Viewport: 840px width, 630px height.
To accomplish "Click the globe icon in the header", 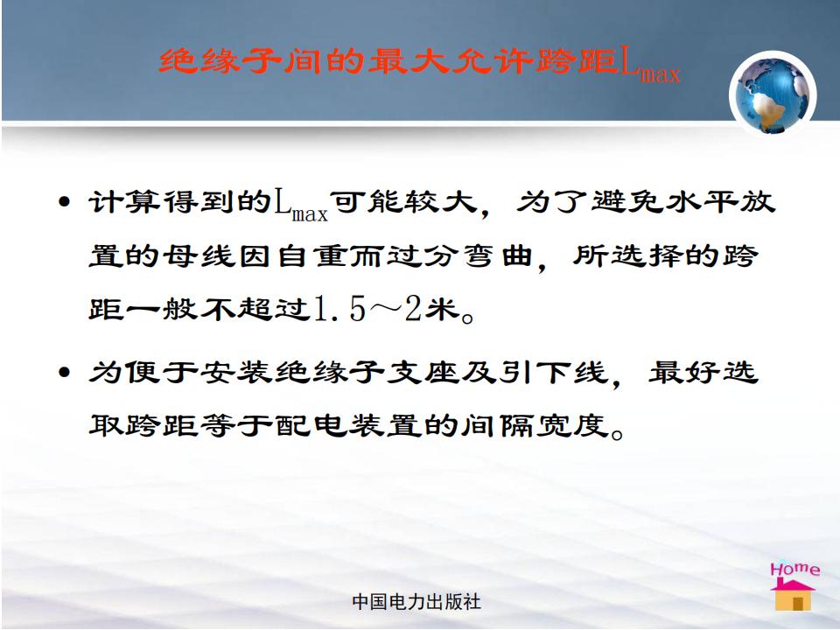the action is (x=773, y=95).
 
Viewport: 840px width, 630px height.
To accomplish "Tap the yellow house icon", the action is (x=793, y=595).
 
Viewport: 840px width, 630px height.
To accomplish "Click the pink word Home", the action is (x=795, y=569).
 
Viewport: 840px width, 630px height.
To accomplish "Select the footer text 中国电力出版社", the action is (x=416, y=602).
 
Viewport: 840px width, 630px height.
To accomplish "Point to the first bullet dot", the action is (x=64, y=202).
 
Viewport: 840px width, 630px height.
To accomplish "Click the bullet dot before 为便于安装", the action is (x=64, y=372).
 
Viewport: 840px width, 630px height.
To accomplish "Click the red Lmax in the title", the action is (x=650, y=66).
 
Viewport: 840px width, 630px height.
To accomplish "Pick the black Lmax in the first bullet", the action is (x=301, y=206).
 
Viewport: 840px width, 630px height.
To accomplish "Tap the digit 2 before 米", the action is (x=412, y=309).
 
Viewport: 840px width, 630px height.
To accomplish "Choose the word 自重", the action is (x=312, y=255).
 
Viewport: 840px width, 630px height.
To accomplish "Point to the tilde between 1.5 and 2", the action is (x=385, y=310).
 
